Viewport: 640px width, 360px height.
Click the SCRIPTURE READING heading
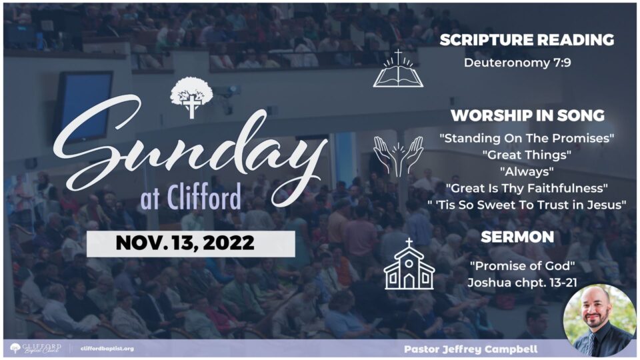527,39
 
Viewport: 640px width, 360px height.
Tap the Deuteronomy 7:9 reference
517,63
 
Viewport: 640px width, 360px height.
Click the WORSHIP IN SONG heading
527,115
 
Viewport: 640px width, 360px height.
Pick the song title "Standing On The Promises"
527,138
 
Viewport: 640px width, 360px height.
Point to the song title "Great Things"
527,155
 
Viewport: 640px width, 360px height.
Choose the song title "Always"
527,172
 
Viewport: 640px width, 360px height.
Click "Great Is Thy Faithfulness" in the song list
527,188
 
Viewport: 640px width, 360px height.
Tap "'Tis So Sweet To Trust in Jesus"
527,205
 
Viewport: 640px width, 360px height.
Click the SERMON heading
517,237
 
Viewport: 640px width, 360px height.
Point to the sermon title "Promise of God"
522,266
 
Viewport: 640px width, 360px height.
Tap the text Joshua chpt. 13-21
522,283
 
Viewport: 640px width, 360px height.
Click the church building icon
409,265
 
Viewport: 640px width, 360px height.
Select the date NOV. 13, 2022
185,243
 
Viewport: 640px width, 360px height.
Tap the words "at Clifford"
191,197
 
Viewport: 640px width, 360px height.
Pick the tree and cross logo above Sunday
191,97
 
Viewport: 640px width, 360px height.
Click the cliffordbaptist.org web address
107,349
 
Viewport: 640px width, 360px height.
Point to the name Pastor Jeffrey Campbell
471,349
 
